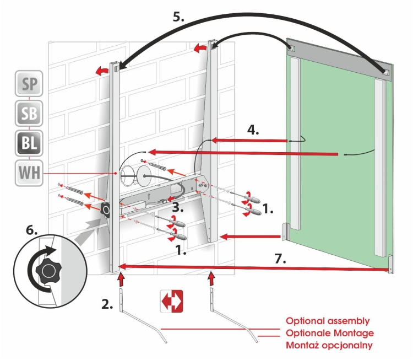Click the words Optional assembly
click(328, 321)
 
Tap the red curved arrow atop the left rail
click(100, 71)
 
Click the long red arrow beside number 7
click(253, 268)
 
